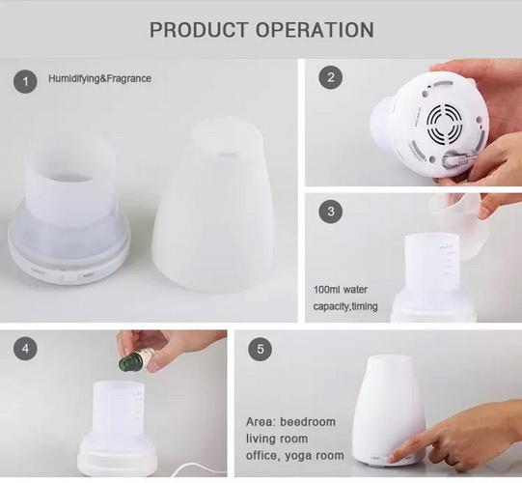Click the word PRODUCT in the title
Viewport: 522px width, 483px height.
(x=199, y=30)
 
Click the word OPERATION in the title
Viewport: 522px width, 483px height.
(x=315, y=30)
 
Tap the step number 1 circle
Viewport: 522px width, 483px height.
(x=25, y=81)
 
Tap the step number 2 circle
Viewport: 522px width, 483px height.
(x=331, y=77)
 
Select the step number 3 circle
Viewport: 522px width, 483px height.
(x=331, y=211)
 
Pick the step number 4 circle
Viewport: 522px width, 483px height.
(x=25, y=349)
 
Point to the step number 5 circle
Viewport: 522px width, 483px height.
(x=260, y=349)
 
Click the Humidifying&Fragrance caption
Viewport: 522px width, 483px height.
(x=100, y=78)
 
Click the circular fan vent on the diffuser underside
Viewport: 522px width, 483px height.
(x=445, y=123)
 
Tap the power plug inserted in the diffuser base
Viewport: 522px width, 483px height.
(x=456, y=161)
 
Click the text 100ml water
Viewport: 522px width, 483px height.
(x=341, y=290)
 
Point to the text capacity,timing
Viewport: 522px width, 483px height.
(x=345, y=306)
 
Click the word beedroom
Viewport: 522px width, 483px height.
(x=308, y=422)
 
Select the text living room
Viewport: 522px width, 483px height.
(x=277, y=439)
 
